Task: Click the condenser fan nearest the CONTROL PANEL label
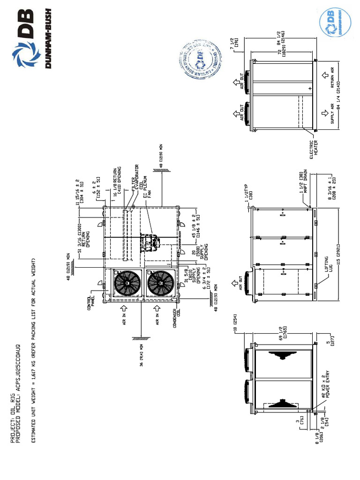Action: tap(125, 284)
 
